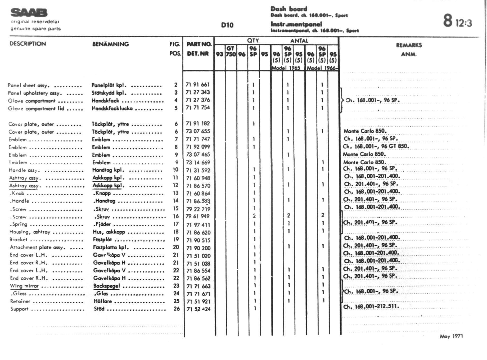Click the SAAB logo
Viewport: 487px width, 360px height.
[29, 13]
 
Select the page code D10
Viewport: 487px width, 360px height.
[227, 25]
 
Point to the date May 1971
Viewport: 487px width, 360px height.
[451, 336]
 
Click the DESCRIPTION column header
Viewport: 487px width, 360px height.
[28, 44]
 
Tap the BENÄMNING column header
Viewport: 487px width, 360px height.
[110, 44]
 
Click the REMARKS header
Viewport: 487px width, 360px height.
[409, 45]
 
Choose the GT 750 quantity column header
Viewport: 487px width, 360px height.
[230, 51]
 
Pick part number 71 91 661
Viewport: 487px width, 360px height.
[197, 85]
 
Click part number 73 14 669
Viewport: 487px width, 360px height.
[198, 163]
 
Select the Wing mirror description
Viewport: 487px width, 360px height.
[24, 286]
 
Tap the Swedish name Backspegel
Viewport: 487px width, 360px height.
[106, 286]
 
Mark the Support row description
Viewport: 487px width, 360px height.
[19, 309]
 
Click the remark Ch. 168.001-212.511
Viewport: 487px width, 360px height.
[371, 307]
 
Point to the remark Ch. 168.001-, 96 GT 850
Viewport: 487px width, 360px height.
[376, 146]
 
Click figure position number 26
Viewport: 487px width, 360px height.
[177, 309]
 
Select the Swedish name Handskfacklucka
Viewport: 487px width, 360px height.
[112, 108]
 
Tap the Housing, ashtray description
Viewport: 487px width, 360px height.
[30, 232]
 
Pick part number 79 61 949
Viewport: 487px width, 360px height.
[197, 216]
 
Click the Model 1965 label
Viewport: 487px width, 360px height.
[286, 68]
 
